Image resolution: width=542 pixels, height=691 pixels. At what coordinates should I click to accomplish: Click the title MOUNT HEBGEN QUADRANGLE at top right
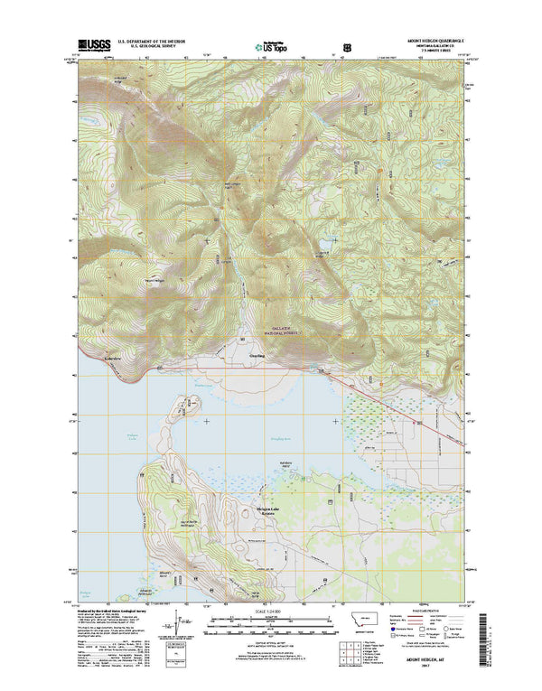(425, 40)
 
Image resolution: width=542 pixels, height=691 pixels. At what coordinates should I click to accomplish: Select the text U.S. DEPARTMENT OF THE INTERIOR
(154, 41)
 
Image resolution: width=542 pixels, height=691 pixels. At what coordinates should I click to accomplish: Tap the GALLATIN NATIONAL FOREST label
(285, 331)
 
